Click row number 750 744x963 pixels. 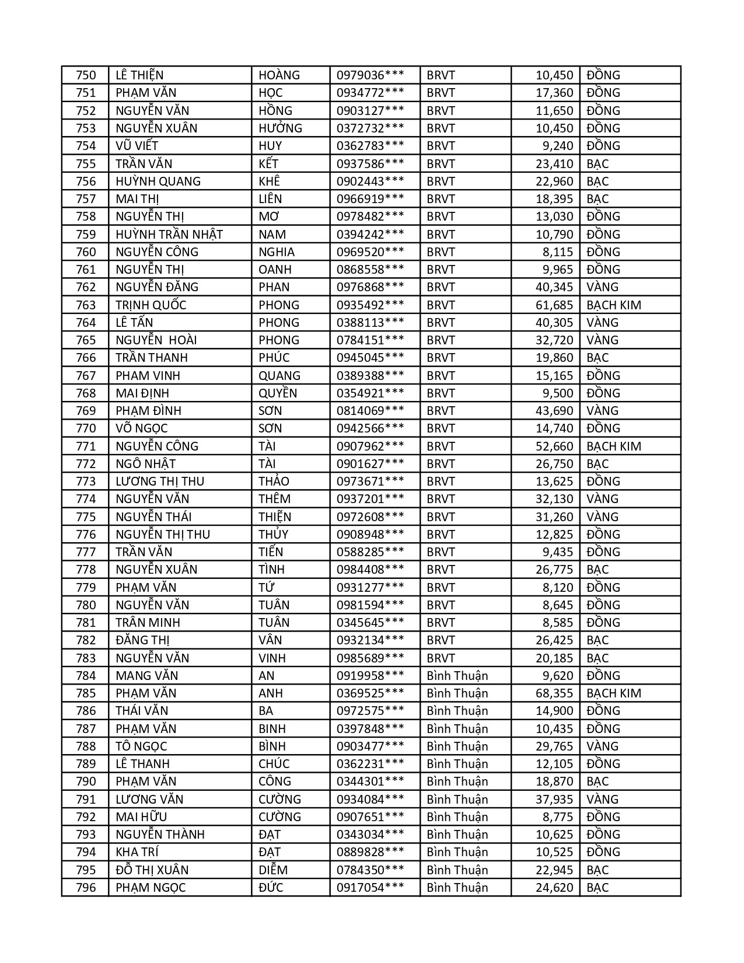click(x=86, y=75)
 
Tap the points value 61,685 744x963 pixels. click(x=554, y=305)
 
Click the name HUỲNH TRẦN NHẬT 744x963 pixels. click(x=169, y=234)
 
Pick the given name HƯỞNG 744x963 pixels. click(x=280, y=128)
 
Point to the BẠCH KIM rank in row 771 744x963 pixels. click(x=613, y=446)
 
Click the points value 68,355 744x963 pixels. click(x=554, y=693)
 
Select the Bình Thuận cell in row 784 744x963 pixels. click(x=457, y=676)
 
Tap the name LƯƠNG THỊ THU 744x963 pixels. click(x=160, y=481)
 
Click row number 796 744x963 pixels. click(x=86, y=888)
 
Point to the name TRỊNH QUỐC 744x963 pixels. click(x=151, y=305)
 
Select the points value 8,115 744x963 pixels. click(x=557, y=252)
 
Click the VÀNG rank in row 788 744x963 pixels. click(x=602, y=746)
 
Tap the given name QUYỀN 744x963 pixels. click(x=278, y=393)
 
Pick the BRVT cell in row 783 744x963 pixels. click(x=441, y=658)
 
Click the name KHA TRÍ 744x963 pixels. click(x=137, y=852)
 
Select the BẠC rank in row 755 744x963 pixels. click(x=598, y=164)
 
